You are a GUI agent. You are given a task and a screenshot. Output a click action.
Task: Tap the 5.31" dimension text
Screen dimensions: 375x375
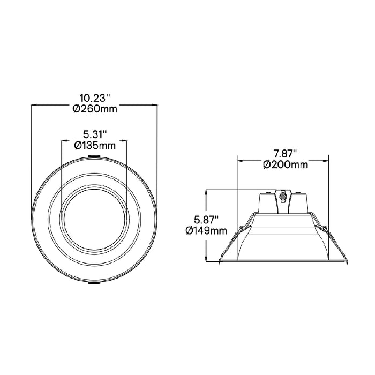pos(94,134)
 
